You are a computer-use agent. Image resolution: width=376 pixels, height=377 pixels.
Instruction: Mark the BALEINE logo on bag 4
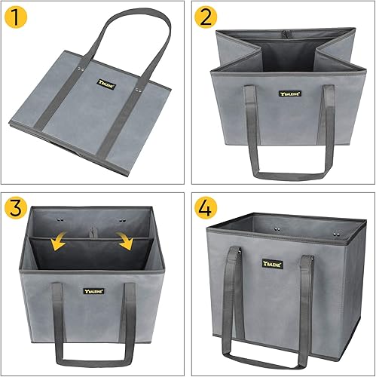(x=273, y=264)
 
